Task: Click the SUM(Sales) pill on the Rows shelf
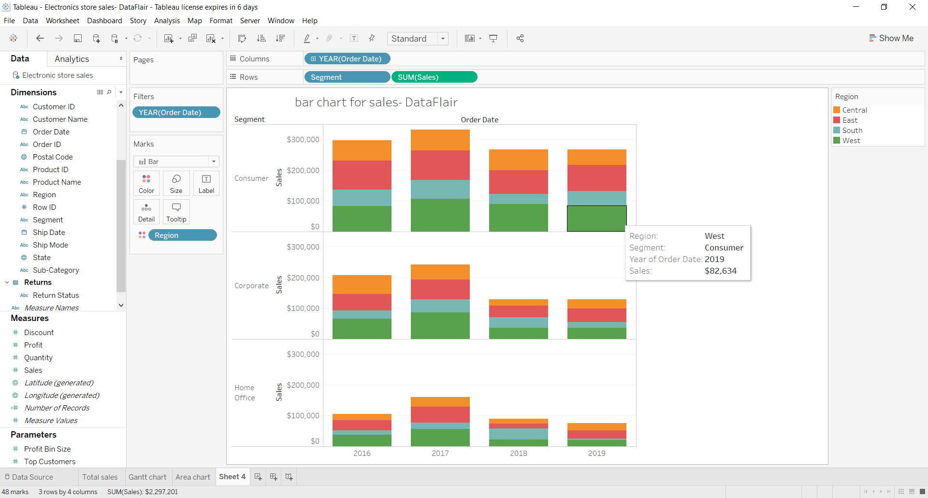pos(434,77)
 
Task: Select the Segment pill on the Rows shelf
pos(347,77)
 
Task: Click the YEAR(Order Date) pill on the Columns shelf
pos(347,59)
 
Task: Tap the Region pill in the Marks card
pos(182,235)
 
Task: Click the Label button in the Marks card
pos(206,183)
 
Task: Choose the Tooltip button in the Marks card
pos(176,212)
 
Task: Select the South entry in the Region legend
pos(852,131)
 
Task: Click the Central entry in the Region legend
pos(855,110)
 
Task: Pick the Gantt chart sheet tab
pos(147,477)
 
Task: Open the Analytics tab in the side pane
pos(72,59)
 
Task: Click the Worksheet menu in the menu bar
pos(62,21)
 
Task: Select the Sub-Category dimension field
pos(56,270)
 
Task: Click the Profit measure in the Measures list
pos(33,345)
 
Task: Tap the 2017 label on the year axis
pos(440,454)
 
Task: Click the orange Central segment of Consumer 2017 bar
pos(440,140)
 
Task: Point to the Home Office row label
pos(245,393)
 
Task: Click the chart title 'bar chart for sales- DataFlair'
pos(376,103)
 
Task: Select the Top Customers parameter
pos(50,462)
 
